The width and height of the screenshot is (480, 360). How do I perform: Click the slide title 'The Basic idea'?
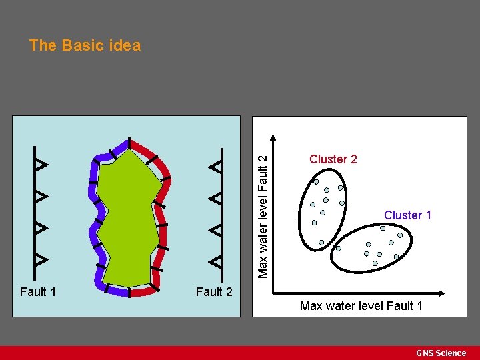(x=85, y=45)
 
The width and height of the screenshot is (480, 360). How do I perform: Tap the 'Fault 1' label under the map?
(x=38, y=291)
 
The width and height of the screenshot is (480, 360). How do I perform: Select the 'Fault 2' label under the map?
(x=214, y=291)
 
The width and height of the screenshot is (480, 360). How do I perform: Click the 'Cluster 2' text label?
(x=333, y=159)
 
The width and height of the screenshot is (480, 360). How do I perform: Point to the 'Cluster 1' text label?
(x=407, y=215)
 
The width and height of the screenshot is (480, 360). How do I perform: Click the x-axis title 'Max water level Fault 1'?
(x=361, y=306)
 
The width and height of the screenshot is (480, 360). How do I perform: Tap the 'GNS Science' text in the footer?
(x=441, y=353)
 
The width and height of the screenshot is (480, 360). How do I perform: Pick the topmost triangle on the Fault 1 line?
(x=41, y=164)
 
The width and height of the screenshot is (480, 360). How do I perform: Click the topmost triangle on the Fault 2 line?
(x=215, y=166)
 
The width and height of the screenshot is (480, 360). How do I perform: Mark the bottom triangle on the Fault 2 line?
(x=215, y=259)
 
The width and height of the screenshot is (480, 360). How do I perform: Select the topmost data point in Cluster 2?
(x=317, y=182)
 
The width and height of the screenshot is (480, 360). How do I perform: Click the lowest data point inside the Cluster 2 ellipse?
(x=321, y=242)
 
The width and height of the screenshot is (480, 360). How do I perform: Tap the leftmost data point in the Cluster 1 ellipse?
(x=338, y=248)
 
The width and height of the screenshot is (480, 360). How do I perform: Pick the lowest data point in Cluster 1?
(x=375, y=263)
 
